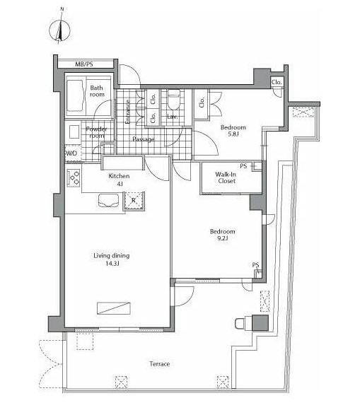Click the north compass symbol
click(60, 29)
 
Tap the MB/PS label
click(84, 64)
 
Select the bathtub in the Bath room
click(75, 95)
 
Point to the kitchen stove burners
click(74, 177)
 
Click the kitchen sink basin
click(108, 200)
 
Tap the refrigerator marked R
click(134, 201)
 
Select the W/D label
click(71, 153)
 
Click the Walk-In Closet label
click(226, 177)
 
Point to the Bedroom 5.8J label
click(233, 131)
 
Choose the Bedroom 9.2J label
click(223, 235)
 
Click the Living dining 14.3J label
click(112, 259)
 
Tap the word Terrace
click(160, 364)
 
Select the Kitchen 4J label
click(119, 180)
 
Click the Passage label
click(144, 139)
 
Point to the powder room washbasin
click(74, 131)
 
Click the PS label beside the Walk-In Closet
click(243, 166)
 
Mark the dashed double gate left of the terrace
click(51, 364)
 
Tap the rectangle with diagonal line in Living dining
click(114, 308)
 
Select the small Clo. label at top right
click(277, 82)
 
